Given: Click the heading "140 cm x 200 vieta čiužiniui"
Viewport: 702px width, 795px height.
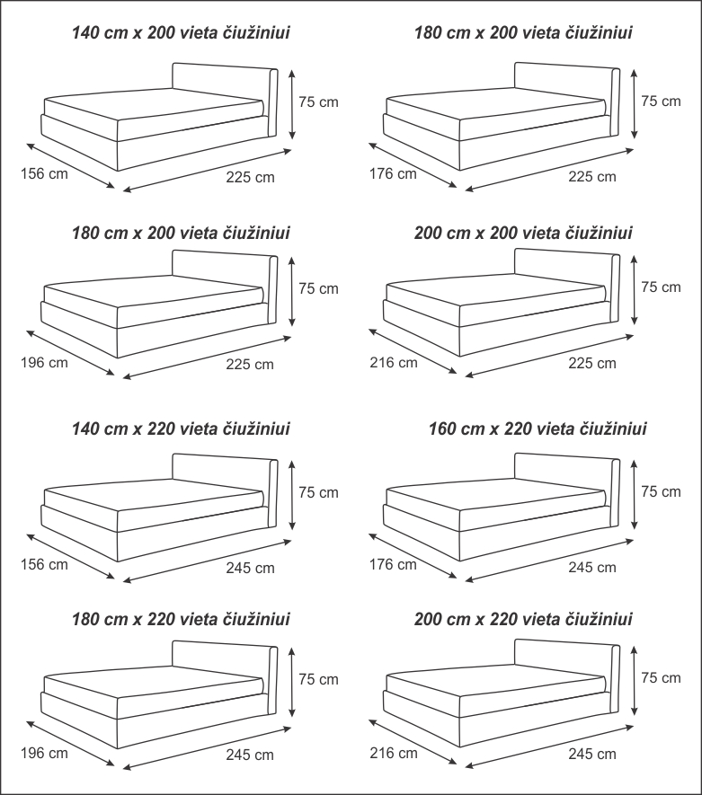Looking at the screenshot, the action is pyautogui.click(x=181, y=33).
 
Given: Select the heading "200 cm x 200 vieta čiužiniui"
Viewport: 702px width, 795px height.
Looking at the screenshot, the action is pyautogui.click(x=523, y=234).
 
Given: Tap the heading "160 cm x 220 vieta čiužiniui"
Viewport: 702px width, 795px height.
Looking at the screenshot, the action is pyautogui.click(x=538, y=428).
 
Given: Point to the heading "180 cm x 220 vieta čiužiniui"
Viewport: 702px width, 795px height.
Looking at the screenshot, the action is pyautogui.click(x=181, y=619).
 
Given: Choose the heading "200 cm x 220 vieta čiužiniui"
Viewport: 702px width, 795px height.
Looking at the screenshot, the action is pyautogui.click(x=523, y=619).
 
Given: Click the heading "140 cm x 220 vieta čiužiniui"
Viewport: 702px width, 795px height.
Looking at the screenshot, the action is pyautogui.click(x=181, y=428).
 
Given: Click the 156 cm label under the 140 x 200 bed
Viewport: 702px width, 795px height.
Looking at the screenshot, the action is pyautogui.click(x=44, y=174).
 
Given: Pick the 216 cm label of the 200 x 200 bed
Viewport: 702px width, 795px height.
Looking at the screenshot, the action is pyautogui.click(x=394, y=363).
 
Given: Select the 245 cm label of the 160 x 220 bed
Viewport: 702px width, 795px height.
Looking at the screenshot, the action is pyautogui.click(x=592, y=567).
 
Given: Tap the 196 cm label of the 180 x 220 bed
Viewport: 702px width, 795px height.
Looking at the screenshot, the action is pyautogui.click(x=44, y=753).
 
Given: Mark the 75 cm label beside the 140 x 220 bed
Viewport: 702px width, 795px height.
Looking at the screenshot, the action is pyautogui.click(x=318, y=492).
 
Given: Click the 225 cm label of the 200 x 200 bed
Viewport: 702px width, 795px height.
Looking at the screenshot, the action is pyautogui.click(x=592, y=363).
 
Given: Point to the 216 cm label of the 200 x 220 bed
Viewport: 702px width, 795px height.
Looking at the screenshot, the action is pyautogui.click(x=394, y=753).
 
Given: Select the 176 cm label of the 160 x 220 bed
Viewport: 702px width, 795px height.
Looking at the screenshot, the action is pyautogui.click(x=393, y=564).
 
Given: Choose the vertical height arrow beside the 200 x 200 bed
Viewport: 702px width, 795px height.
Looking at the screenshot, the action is pyautogui.click(x=634, y=289).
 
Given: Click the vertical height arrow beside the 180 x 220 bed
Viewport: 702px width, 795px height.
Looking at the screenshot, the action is pyautogui.click(x=291, y=682).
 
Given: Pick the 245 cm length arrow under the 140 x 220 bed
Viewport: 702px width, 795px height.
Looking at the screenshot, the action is pyautogui.click(x=208, y=561).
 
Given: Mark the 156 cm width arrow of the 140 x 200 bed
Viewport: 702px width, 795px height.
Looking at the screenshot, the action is pyautogui.click(x=70, y=166).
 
